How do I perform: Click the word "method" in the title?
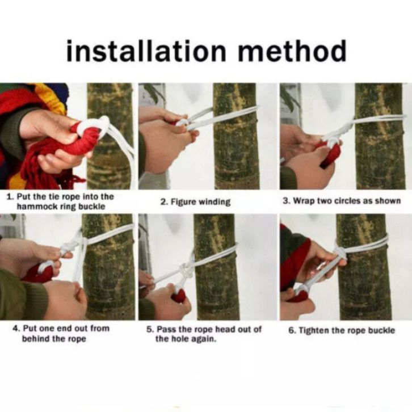[x=292, y=51]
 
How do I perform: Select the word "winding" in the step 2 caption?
[x=214, y=202]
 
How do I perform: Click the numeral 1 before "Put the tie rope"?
[x=10, y=197]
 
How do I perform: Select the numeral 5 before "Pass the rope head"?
[x=149, y=329]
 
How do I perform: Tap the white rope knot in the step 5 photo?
[x=186, y=271]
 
